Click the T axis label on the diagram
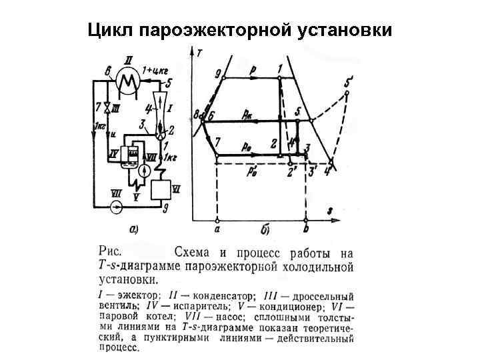pos(201,51)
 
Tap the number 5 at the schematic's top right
pos(169,83)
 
